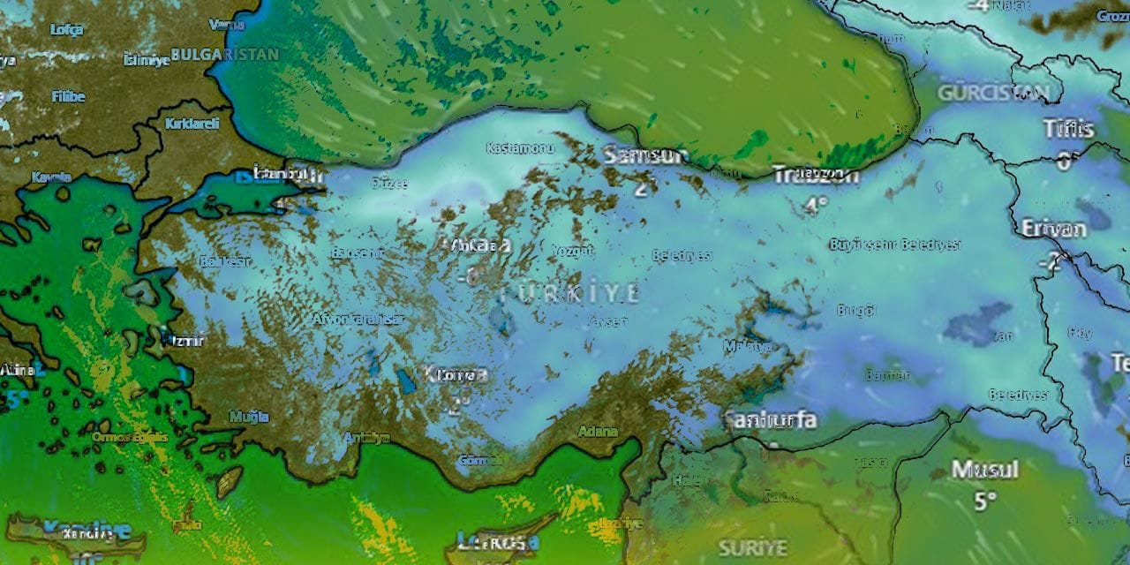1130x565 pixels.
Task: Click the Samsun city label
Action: point(646,155)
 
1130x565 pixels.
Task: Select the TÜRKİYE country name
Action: point(569,293)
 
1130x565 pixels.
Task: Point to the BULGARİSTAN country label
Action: point(224,54)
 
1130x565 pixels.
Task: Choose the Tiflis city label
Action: point(1068,129)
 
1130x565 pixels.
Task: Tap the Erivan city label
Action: point(1053,228)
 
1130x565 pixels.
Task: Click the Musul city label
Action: point(984,469)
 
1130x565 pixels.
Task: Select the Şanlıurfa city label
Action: point(770,419)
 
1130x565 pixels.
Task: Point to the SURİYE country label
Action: point(752,547)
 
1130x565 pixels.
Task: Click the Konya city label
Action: point(456,375)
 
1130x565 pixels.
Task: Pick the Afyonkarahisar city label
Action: point(358,320)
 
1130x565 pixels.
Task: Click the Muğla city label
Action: point(249,416)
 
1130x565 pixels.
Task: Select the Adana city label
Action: point(598,432)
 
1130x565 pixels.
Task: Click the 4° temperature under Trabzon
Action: point(816,205)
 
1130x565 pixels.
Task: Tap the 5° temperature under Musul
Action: point(984,501)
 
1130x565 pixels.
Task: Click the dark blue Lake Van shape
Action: point(977,324)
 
